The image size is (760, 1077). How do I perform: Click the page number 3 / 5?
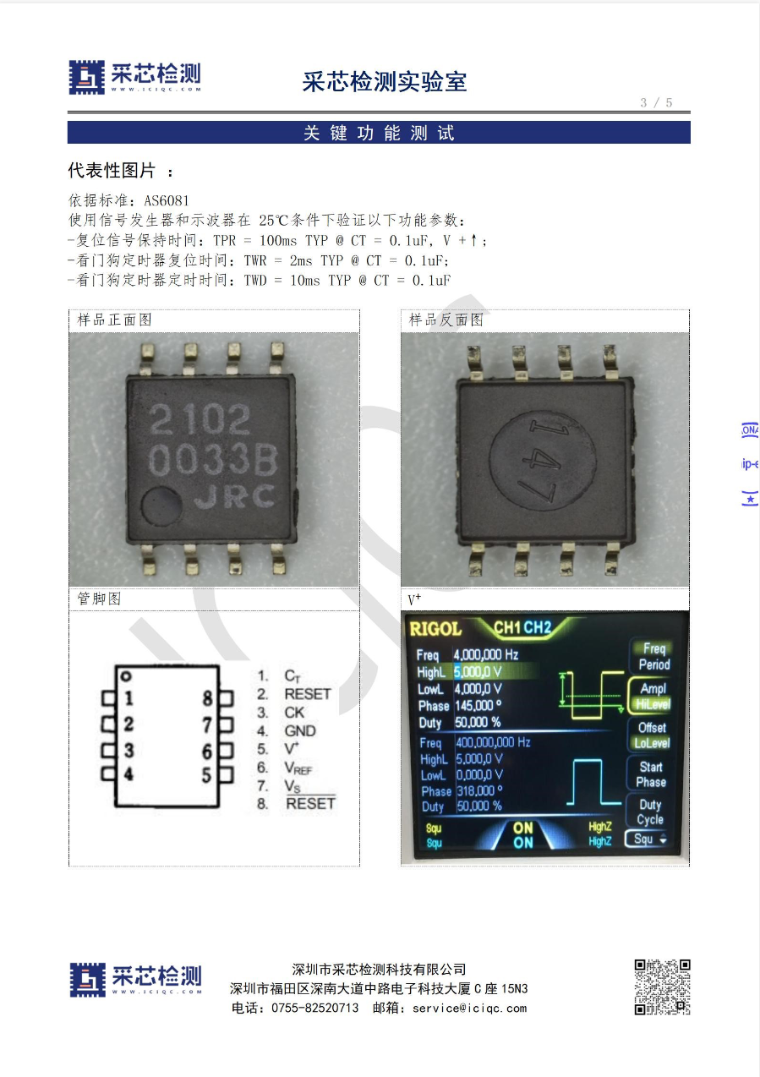656,102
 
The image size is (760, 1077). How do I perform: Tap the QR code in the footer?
662,987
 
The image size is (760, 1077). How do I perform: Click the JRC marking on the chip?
234,497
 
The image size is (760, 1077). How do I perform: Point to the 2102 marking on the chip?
200,418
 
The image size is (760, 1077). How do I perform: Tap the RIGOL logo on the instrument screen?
435,629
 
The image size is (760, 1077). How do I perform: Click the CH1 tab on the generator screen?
507,627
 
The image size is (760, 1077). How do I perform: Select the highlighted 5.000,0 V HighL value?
478,672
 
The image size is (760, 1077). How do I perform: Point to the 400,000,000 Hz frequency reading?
493,742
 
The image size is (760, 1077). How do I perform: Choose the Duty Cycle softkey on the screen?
650,812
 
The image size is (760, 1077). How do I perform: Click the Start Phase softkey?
651,774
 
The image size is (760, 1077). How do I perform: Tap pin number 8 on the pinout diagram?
207,698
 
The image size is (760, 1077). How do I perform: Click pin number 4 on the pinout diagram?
128,774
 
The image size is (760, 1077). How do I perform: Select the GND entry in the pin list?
300,730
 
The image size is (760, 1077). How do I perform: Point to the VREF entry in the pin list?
298,768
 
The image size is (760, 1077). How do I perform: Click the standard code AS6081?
167,200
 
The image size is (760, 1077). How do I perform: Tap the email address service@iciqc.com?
470,1008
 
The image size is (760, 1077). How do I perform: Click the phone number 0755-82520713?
314,1008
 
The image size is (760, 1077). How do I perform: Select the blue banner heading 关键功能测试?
379,133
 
